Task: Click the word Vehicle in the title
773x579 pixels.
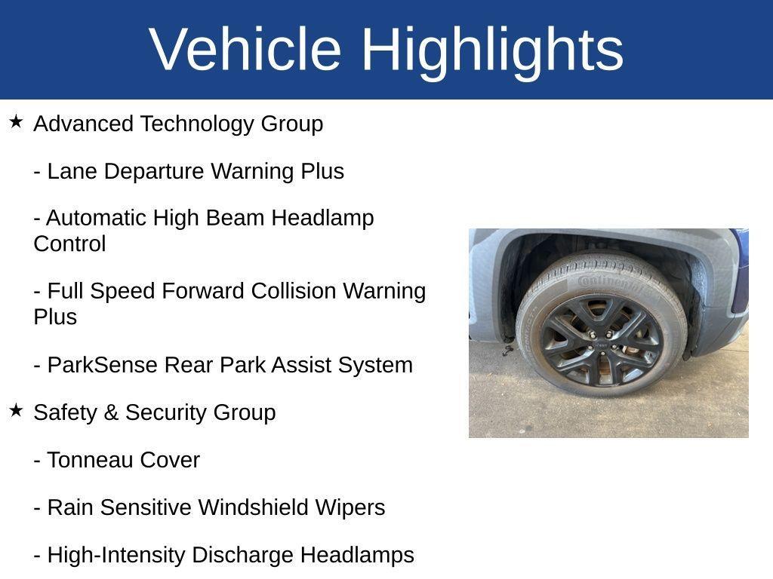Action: point(245,49)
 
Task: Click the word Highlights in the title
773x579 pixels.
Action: point(492,49)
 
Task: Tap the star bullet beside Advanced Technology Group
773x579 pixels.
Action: point(16,121)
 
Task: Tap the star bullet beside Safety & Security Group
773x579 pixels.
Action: point(16,410)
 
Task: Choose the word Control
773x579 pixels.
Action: point(69,244)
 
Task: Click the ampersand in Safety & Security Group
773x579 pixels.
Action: point(111,412)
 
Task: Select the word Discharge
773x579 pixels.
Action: point(242,555)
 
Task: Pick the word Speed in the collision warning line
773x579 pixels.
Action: point(121,291)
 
